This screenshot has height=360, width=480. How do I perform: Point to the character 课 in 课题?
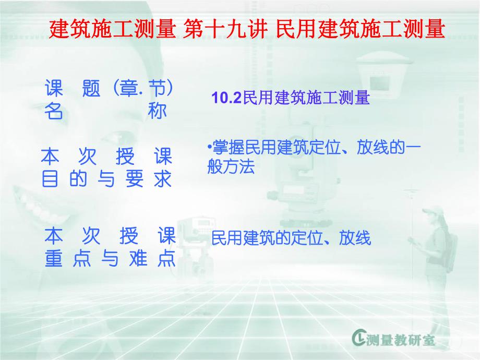[x=54, y=89]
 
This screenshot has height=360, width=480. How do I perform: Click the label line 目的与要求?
[x=106, y=179]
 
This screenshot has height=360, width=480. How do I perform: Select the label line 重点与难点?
[x=110, y=260]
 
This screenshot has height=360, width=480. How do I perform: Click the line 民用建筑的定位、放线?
[x=291, y=238]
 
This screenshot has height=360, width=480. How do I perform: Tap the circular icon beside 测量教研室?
[x=360, y=340]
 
